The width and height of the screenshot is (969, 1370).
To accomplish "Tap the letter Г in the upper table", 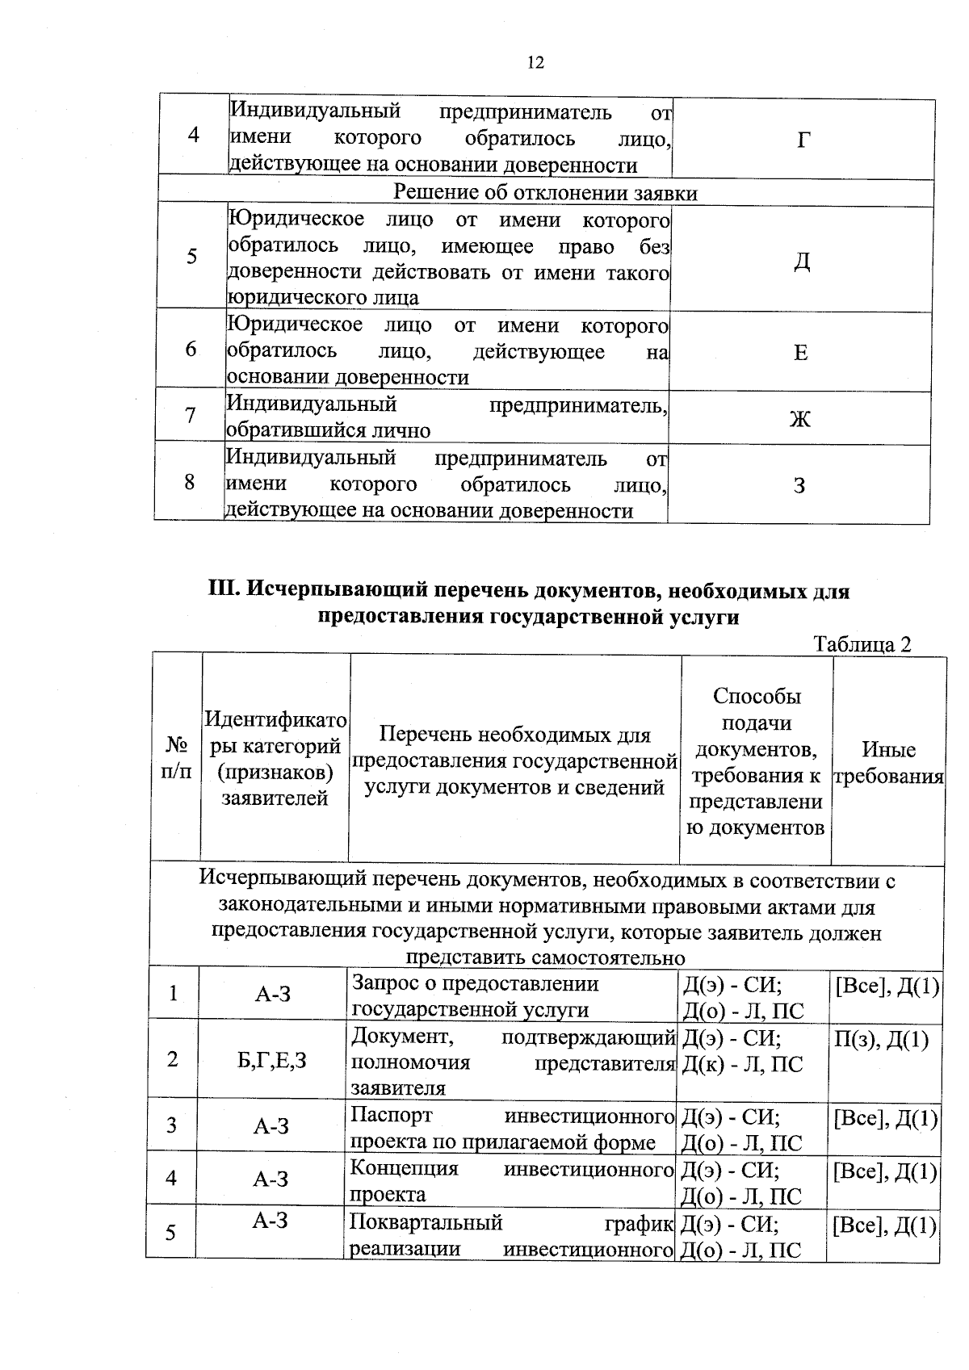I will click(x=803, y=140).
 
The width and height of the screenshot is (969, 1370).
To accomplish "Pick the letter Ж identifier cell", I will click(x=800, y=419).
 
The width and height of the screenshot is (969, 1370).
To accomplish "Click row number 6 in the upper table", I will click(x=191, y=350).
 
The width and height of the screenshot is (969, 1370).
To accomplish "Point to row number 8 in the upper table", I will click(x=189, y=483).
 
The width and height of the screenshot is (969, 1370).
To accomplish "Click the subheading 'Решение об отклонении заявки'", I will click(x=545, y=193).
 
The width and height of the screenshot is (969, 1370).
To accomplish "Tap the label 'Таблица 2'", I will click(x=862, y=644).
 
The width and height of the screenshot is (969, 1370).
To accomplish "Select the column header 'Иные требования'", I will click(x=888, y=763).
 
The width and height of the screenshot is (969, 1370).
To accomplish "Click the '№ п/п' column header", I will click(x=176, y=757).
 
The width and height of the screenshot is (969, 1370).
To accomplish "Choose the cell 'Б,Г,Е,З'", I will click(x=272, y=1060).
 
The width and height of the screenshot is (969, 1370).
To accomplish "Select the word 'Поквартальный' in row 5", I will click(x=426, y=1222).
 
